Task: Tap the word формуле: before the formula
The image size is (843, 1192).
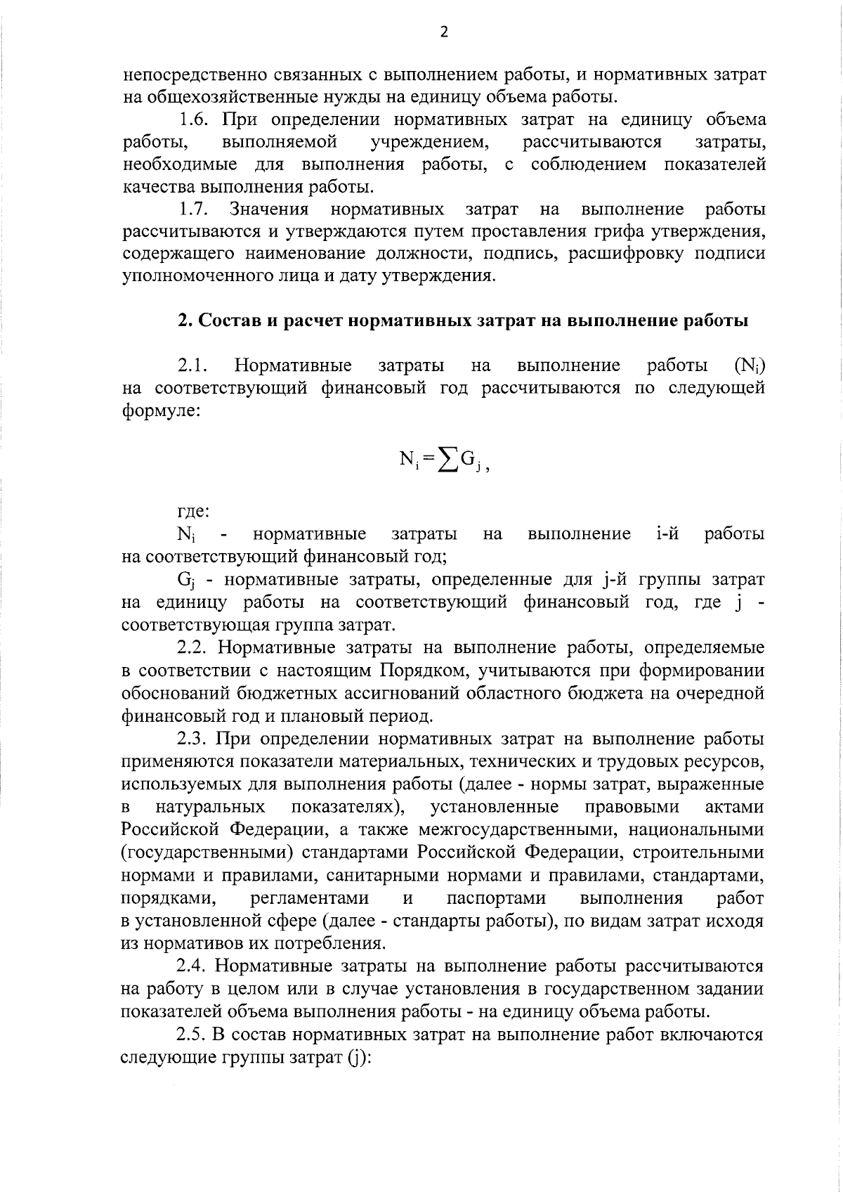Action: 161,410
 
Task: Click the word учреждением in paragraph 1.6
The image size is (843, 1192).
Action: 429,143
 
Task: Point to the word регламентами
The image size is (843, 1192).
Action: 309,898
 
